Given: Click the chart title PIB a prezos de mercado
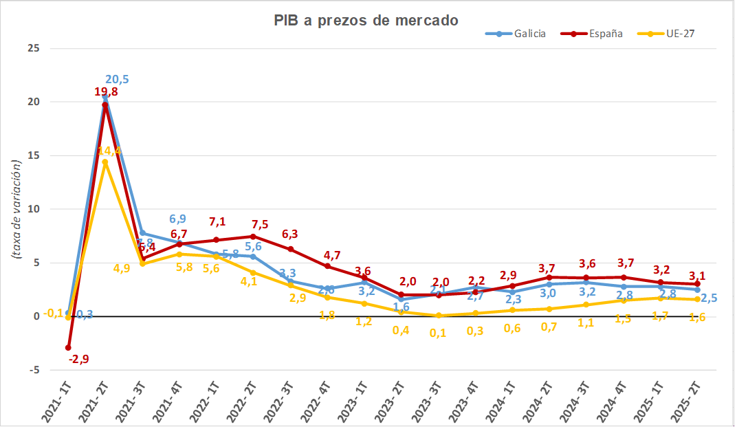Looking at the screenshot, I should tap(366, 21).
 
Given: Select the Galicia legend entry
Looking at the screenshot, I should tap(530, 33).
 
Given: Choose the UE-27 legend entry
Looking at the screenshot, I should tap(681, 33).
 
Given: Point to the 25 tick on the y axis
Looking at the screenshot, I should tap(33, 48).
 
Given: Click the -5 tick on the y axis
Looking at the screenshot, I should tap(33, 370).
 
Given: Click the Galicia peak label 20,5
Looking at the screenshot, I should tap(116, 80).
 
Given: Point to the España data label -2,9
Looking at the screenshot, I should tap(78, 359).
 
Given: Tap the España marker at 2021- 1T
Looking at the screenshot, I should tap(68, 348).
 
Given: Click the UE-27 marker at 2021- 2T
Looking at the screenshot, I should tap(105, 162).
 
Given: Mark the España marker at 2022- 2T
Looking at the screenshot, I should tap(254, 236).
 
